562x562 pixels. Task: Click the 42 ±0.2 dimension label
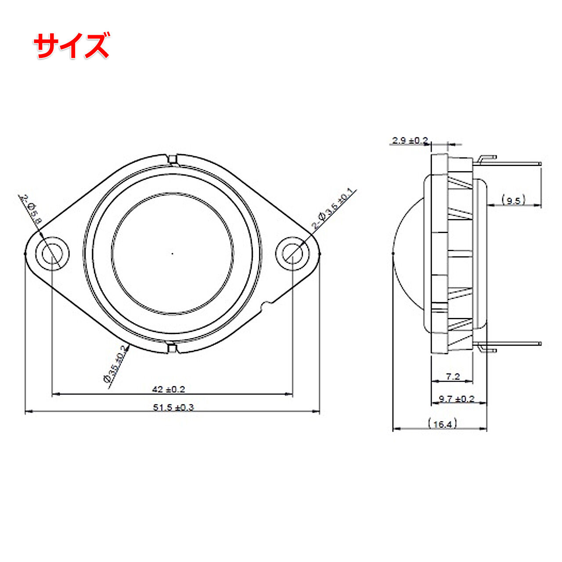click(169, 389)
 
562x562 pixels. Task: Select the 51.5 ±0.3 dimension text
click(173, 407)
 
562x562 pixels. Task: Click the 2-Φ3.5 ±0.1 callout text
click(334, 208)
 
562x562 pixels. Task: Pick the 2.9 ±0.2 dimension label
click(410, 140)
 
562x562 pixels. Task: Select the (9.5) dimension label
click(513, 201)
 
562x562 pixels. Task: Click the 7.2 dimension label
click(453, 377)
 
